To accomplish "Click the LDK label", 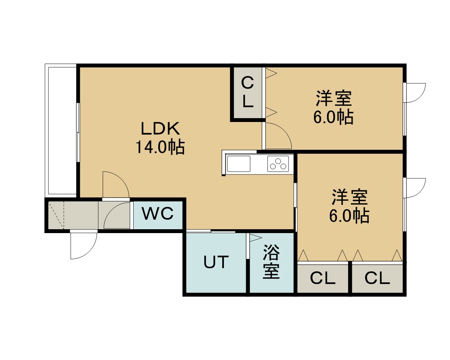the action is click(x=160, y=128).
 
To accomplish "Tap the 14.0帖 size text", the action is click(x=160, y=147).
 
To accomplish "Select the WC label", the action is click(x=157, y=213).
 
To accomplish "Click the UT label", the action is click(x=216, y=262).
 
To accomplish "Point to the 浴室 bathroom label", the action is click(x=271, y=262).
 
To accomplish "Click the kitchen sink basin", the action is click(x=239, y=163).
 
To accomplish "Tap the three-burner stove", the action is click(x=278, y=163).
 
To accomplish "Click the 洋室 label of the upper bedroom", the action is click(x=334, y=98).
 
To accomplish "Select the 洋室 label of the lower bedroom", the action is click(x=349, y=197).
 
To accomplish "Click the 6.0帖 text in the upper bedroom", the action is click(x=333, y=117).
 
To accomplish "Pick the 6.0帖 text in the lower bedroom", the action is click(x=349, y=216).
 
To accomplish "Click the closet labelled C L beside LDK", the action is click(x=248, y=93).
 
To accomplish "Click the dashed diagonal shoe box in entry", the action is click(x=56, y=215).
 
